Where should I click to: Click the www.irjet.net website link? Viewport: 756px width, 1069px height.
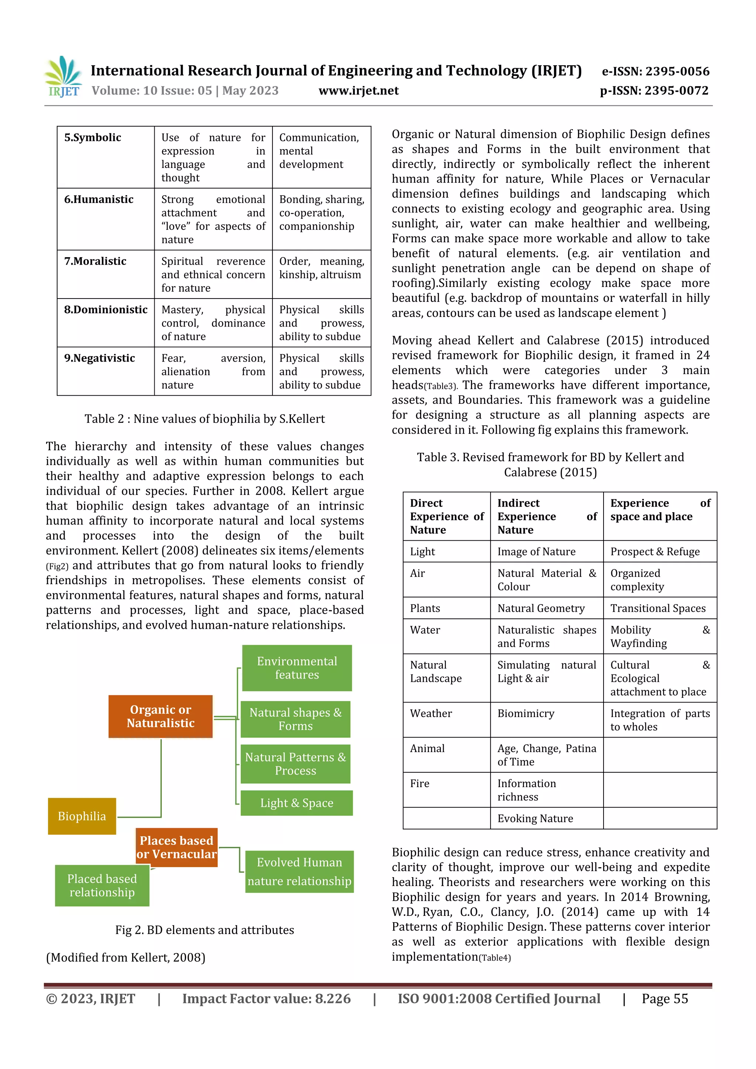[358, 91]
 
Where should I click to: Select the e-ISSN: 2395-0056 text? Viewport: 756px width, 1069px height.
[655, 71]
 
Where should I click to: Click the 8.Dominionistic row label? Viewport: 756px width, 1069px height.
[106, 310]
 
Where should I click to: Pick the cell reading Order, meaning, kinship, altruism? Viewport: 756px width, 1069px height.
[322, 268]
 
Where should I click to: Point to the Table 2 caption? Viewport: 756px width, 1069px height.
[205, 419]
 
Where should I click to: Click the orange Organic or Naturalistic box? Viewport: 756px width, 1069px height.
[161, 716]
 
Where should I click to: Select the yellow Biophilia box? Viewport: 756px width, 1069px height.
[82, 816]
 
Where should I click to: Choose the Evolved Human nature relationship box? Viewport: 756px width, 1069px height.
[299, 872]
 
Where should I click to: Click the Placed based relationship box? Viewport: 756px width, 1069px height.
[102, 885]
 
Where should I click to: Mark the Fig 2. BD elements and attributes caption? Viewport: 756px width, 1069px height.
[205, 930]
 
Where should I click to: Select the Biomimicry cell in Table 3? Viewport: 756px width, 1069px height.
[526, 714]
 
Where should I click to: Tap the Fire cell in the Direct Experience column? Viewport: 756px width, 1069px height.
[420, 784]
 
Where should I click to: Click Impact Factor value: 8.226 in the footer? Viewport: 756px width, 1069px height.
[266, 999]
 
